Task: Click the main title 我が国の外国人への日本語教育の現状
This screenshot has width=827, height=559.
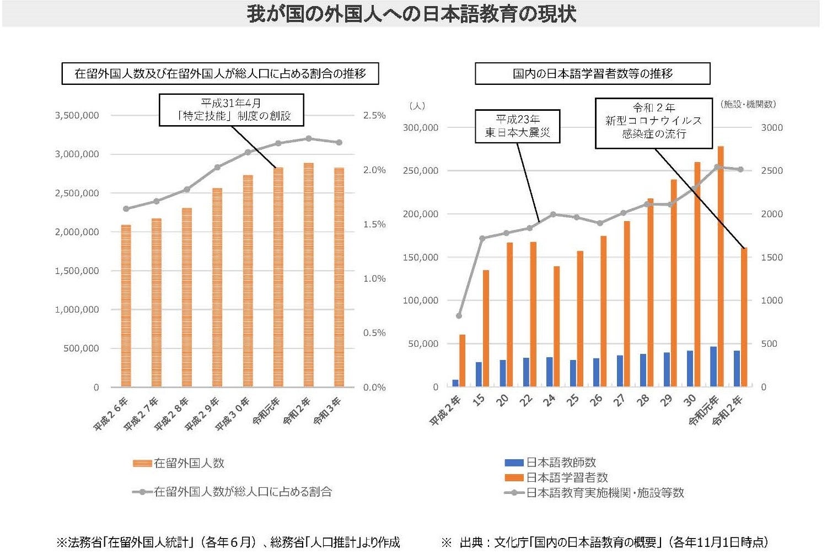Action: [411, 13]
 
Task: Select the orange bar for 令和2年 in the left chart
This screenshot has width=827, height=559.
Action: [308, 276]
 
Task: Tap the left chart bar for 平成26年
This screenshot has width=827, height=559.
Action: [126, 306]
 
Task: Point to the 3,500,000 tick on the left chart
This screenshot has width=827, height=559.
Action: [77, 115]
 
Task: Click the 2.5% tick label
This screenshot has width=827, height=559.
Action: [374, 115]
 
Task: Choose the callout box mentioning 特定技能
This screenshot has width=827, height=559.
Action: [231, 110]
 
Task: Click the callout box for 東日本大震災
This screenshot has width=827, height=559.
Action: [517, 126]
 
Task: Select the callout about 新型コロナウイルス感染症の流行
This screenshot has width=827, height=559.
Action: [653, 123]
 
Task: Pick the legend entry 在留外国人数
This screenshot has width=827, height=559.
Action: [179, 463]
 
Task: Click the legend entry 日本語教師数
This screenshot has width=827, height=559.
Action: [550, 463]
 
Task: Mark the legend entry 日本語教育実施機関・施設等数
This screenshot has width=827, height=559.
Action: [594, 493]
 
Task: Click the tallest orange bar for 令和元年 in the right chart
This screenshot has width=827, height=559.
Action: [721, 265]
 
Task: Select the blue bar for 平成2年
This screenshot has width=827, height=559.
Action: [455, 383]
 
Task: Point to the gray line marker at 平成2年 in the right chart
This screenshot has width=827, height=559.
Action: [459, 316]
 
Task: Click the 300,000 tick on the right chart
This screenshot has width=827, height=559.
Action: [421, 127]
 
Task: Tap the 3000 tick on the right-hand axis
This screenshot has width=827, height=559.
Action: [771, 127]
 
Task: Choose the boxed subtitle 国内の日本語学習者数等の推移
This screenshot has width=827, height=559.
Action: [592, 73]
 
